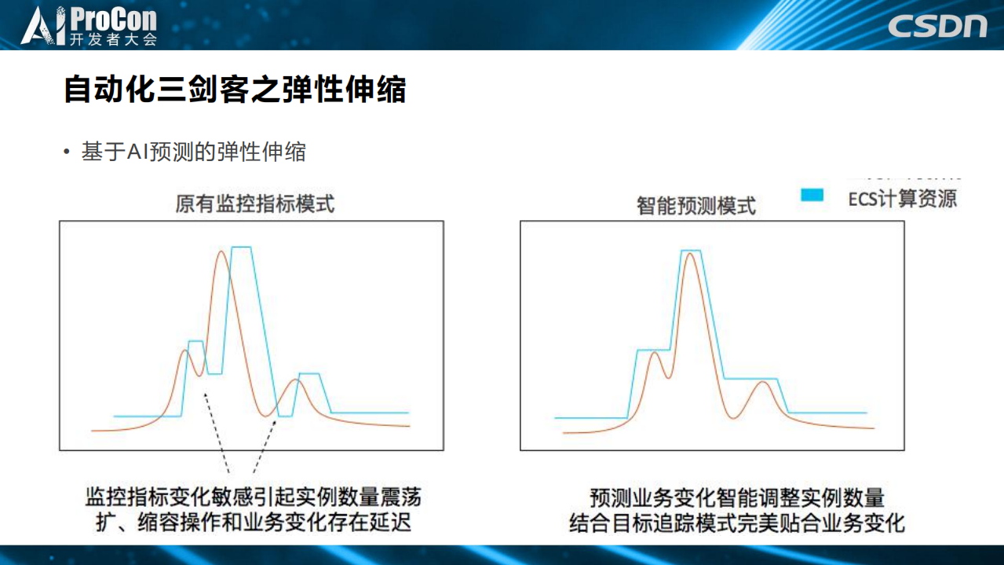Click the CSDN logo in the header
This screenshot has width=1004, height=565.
click(937, 25)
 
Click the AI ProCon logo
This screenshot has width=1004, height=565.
click(89, 24)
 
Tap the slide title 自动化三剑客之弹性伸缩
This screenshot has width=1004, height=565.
click(235, 90)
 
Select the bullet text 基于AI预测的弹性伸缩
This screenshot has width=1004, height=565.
click(193, 152)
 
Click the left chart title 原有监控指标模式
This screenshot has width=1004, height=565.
click(254, 204)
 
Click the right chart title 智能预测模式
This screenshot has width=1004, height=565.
click(696, 206)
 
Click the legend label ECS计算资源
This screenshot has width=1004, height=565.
click(903, 198)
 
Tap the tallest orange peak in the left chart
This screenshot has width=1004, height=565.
click(221, 252)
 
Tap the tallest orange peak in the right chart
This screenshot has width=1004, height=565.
click(690, 255)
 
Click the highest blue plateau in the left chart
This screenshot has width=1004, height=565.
click(241, 248)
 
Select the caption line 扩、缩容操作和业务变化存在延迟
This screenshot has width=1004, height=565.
click(254, 522)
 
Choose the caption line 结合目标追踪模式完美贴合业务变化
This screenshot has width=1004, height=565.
click(737, 522)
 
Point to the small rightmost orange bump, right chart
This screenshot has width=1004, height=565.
click(761, 383)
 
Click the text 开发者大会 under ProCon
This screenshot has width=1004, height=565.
click(114, 39)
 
